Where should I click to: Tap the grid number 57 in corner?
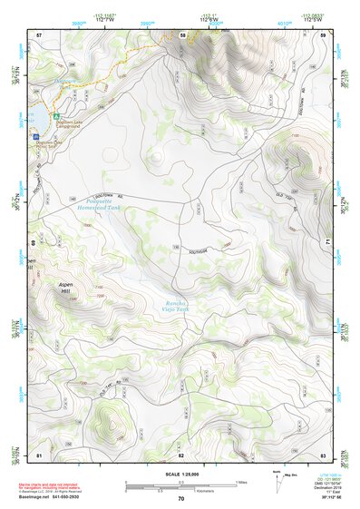pyautogui.click(x=39, y=34)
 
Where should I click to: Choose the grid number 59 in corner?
pyautogui.click(x=324, y=34)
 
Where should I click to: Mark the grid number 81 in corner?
pyautogui.click(x=39, y=454)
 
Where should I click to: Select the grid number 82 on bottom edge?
pyautogui.click(x=180, y=454)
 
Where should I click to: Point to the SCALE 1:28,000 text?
pyautogui.click(x=180, y=475)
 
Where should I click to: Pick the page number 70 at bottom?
pyautogui.click(x=180, y=499)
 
